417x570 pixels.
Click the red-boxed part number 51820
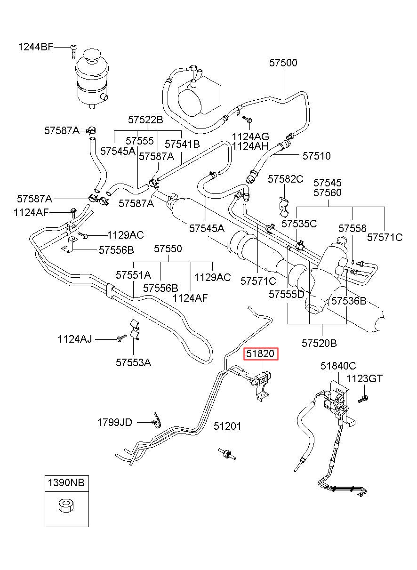pos(261,353)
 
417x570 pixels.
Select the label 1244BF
pos(36,47)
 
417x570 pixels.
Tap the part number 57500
pos(283,63)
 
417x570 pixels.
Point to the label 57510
pos(316,156)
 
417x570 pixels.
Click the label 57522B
pos(145,120)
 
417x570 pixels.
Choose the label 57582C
pos(286,179)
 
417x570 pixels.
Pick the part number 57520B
pos(319,343)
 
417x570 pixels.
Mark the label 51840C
pos(338,366)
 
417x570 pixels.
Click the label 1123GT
pos(364,378)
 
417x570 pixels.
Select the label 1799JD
pos(115,422)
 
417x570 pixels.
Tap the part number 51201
pos(227,426)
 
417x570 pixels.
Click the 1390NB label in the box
pos(66,482)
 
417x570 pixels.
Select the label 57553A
pos(133,362)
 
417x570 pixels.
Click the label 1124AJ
pos(75,339)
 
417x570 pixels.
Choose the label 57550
pos(168,249)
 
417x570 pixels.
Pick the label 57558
pos(352,228)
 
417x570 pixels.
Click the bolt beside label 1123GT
pos(363,399)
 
